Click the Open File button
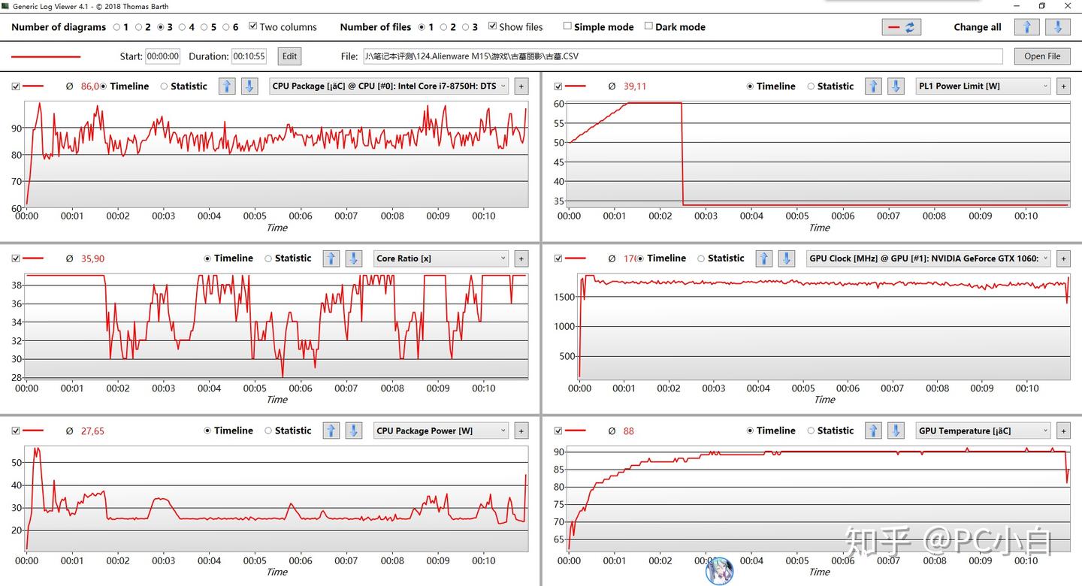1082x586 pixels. [1042, 56]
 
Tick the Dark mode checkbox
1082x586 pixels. [648, 26]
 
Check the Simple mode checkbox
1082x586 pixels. [567, 26]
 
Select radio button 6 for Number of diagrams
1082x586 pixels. [225, 27]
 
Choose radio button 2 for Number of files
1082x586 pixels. [443, 27]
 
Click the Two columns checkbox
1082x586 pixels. [252, 26]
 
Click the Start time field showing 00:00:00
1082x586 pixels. [162, 56]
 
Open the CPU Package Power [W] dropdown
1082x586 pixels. [441, 430]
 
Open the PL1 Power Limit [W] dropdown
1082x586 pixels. [983, 86]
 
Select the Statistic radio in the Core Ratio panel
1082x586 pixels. [269, 258]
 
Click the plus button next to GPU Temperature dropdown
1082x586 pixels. [1062, 431]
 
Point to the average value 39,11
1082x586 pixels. [634, 86]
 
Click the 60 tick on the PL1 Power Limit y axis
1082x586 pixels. [558, 103]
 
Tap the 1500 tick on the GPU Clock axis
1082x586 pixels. [564, 298]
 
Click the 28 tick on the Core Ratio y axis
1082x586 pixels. [16, 377]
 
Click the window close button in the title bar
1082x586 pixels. [1068, 6]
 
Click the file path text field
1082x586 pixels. [682, 56]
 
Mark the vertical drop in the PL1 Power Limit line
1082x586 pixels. [682, 154]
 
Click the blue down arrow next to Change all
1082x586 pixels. [1057, 27]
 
